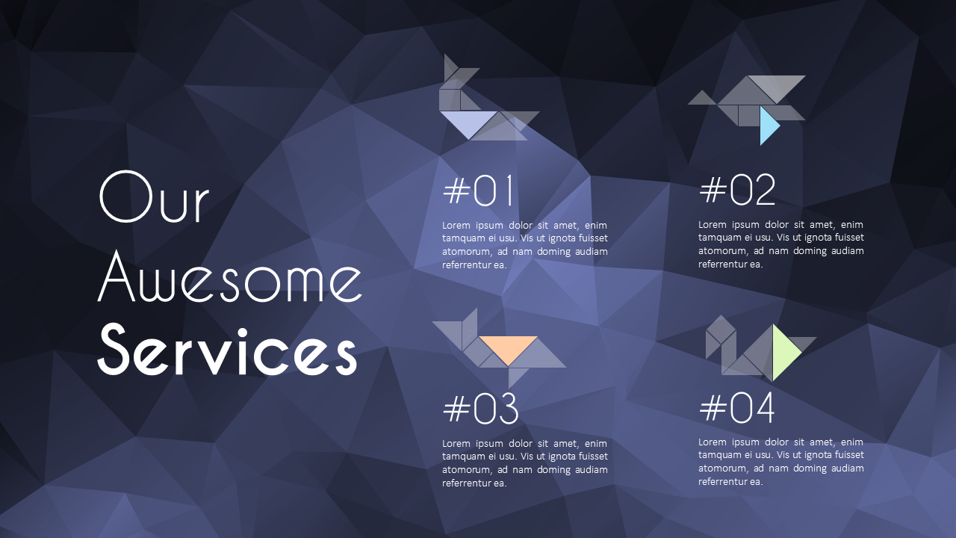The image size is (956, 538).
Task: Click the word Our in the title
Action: pos(154,197)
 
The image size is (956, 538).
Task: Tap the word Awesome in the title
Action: pos(230,277)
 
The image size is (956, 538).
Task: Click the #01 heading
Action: pos(479,191)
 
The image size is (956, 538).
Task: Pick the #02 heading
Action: pos(737,191)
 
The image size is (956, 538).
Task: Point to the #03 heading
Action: pos(480,409)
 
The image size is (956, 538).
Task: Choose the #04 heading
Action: pos(736,408)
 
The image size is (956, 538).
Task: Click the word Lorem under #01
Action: pos(456,225)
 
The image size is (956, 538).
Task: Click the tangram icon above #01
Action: pos(485,101)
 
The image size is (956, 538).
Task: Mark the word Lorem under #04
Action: pos(713,442)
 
